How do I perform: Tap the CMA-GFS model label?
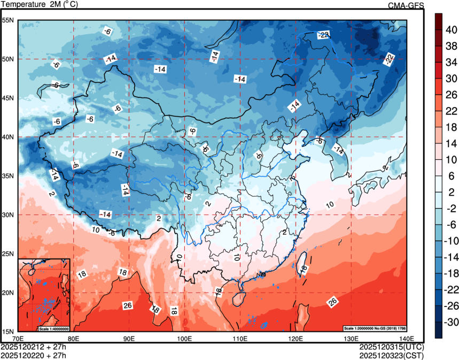[x=406, y=5]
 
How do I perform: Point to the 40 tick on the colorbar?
[x=451, y=31]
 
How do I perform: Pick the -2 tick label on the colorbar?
[x=451, y=208]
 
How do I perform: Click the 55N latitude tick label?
[x=8, y=20]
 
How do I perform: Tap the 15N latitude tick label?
[x=8, y=331]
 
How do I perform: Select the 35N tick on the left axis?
[x=8, y=176]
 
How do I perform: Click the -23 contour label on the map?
[x=323, y=35]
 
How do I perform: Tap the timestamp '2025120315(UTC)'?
[x=391, y=347]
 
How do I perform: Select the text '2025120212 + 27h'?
[x=33, y=347]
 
